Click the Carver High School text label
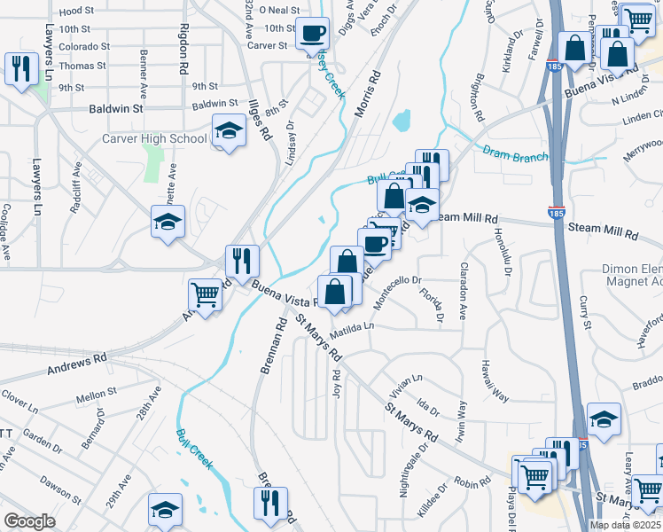pos(154,138)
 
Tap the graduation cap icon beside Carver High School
pos(229,132)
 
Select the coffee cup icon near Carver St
pos(311,35)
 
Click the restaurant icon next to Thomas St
pos(18,67)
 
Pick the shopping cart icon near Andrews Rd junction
pos(206,293)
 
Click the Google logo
pos(29,521)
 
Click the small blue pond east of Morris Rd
pos(402,119)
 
